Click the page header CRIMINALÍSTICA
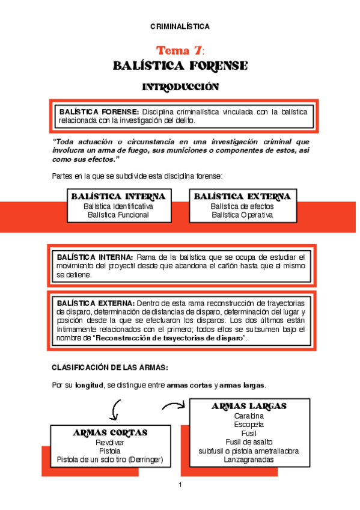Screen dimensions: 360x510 180,26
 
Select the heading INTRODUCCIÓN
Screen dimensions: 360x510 180,87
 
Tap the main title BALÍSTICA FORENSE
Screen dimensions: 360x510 180,66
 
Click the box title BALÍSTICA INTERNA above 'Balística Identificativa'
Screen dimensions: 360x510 118,197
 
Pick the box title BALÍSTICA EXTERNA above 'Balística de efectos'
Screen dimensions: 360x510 242,197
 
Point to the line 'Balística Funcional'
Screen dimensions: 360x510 118,215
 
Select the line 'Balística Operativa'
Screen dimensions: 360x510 242,215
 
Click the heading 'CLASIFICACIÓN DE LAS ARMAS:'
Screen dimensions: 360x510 109,367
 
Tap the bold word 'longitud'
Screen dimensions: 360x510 90,386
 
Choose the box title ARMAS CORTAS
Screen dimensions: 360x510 110,433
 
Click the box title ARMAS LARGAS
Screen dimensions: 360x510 249,407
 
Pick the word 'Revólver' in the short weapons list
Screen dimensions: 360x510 110,442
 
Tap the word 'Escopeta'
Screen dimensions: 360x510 249,425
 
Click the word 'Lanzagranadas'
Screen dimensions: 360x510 249,459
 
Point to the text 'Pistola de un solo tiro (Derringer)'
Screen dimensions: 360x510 110,459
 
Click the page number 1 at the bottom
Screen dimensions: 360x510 180,485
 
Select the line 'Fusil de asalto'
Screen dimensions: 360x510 249,442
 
